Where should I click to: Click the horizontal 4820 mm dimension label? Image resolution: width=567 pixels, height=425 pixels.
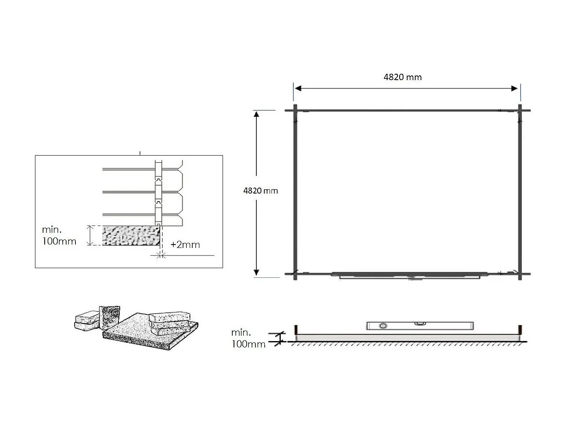point(402,77)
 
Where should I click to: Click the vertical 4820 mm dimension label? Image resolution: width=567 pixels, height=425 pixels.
point(261,191)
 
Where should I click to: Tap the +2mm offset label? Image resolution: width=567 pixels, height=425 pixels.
point(185,245)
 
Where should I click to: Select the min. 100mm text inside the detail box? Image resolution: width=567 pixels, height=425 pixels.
point(59,236)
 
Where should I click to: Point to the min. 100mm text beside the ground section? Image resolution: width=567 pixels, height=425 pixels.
point(248,338)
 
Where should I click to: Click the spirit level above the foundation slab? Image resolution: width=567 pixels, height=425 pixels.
point(419,325)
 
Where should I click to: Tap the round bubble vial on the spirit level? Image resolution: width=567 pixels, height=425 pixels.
point(383,326)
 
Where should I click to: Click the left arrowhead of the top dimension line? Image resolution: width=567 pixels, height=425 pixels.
point(298,89)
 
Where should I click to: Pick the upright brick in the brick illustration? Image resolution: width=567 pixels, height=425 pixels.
point(109,317)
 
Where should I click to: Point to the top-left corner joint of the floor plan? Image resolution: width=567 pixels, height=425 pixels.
point(295,110)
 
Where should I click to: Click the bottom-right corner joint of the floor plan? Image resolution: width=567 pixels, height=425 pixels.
point(520,274)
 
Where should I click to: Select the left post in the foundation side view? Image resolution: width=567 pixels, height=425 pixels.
point(296,329)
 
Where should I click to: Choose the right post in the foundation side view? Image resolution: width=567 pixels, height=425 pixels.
point(520,329)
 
